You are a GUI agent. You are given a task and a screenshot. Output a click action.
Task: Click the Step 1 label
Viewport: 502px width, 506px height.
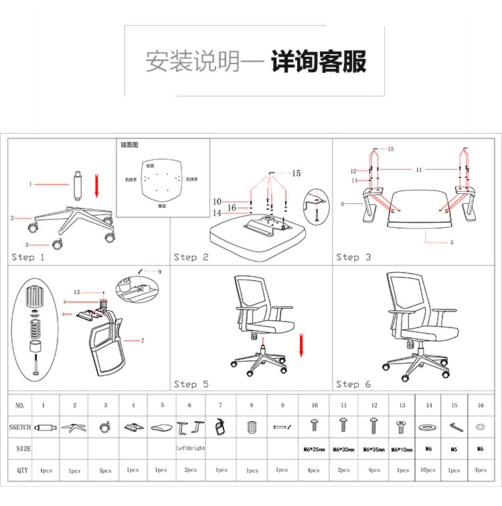pyautogui.click(x=28, y=257)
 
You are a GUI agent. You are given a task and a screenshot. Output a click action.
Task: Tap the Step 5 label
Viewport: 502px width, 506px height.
pyautogui.click(x=191, y=384)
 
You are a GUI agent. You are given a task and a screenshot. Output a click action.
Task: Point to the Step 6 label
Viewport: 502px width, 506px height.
pyautogui.click(x=353, y=384)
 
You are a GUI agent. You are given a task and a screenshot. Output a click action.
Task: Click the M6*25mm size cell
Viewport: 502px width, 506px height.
pyautogui.click(x=313, y=449)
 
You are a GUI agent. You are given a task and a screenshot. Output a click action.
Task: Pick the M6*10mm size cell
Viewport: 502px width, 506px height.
pyautogui.click(x=401, y=449)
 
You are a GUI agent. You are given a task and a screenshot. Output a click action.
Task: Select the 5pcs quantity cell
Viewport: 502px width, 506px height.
pyautogui.click(x=105, y=471)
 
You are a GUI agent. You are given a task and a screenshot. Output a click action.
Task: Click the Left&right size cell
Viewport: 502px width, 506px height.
pyautogui.click(x=191, y=448)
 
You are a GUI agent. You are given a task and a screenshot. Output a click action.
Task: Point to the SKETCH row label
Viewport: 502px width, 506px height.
pyautogui.click(x=20, y=426)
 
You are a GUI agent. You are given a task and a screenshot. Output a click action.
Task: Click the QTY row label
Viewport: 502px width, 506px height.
pyautogui.click(x=21, y=470)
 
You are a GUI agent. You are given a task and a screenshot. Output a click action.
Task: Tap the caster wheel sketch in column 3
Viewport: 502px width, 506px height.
pyautogui.click(x=104, y=426)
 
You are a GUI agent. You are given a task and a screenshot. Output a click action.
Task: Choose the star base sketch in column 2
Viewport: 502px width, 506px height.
pyautogui.click(x=74, y=426)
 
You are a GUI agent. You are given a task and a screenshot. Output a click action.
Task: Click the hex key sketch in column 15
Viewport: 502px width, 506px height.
pyautogui.click(x=454, y=426)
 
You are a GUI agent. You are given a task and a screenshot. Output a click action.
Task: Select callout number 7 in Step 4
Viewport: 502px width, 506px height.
pyautogui.click(x=143, y=341)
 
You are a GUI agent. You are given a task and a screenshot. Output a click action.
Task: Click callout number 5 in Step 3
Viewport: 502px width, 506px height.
pyautogui.click(x=451, y=242)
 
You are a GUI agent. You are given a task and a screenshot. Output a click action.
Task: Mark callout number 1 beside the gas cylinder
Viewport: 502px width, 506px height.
pyautogui.click(x=30, y=184)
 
